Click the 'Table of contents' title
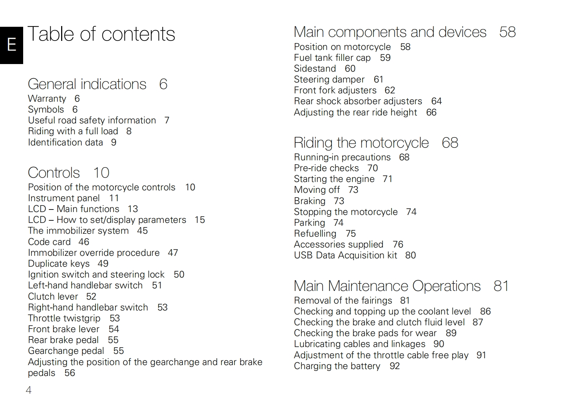[101, 34]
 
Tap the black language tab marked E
[12, 45]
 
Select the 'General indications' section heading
[87, 84]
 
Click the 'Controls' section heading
[54, 173]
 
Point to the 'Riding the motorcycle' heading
[361, 143]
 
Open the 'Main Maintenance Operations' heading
[387, 286]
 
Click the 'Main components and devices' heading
[390, 32]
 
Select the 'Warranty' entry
[47, 99]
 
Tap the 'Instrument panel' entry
[64, 198]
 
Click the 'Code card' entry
[49, 242]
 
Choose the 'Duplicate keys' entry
[59, 264]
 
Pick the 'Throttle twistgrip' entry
[64, 318]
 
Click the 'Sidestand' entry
[315, 69]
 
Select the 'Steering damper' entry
[329, 80]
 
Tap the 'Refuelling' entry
[315, 234]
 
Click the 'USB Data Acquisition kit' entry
[346, 255]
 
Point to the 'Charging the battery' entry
[337, 366]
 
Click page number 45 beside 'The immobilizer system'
[142, 231]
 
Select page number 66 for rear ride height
[431, 113]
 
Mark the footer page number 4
[29, 390]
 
